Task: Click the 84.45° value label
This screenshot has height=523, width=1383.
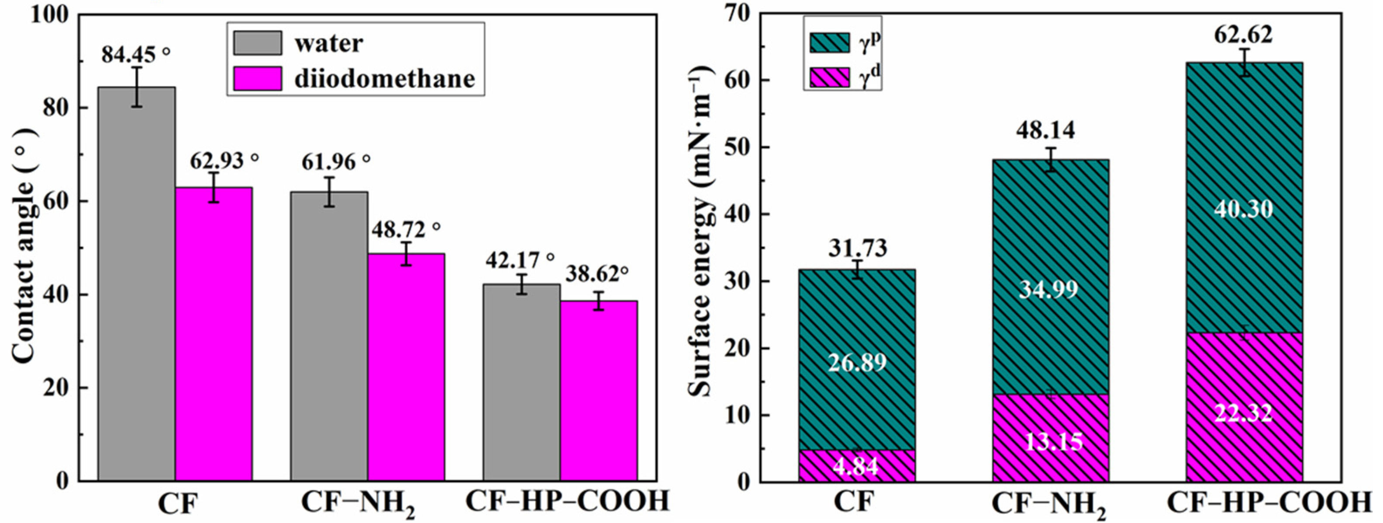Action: pos(136,54)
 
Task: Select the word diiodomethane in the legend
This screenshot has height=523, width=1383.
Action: pos(385,79)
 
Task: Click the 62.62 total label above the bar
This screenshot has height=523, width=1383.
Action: pos(1243,35)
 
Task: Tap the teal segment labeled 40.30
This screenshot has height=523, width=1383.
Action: pos(1243,209)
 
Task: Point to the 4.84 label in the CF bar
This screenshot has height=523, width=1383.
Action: pos(857,466)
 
